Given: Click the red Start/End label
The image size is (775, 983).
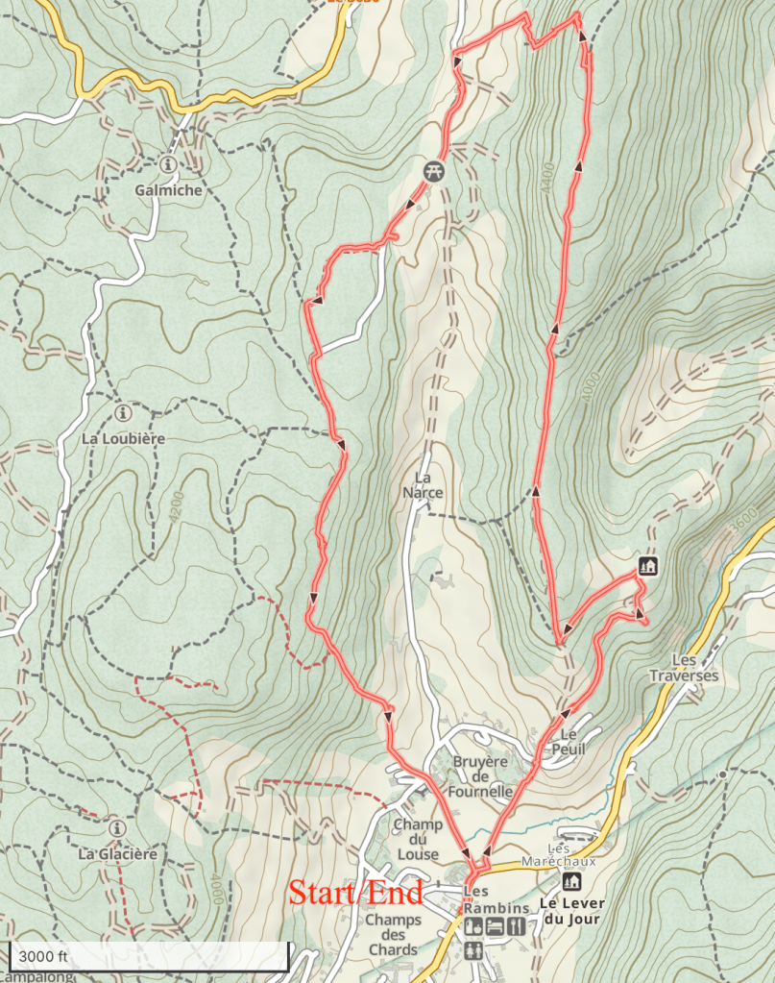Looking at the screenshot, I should point(355,893).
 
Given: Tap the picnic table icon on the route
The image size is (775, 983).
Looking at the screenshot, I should point(435,170).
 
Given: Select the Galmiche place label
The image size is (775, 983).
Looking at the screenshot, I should point(168,190).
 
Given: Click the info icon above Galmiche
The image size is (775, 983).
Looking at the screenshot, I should point(169,165).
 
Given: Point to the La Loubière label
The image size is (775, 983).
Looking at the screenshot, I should point(123,438).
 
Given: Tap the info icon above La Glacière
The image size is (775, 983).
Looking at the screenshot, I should point(116,827).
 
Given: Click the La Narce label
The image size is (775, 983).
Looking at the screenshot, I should point(427,485).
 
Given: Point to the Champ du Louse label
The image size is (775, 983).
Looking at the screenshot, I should point(417,840).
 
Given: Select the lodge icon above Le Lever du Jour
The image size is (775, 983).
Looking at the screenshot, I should point(571,881).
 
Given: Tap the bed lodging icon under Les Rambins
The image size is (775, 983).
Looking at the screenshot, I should point(496,927).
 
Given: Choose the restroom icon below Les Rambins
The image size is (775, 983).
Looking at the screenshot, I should point(472,950).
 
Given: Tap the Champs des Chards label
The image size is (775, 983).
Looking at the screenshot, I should point(393,935).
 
